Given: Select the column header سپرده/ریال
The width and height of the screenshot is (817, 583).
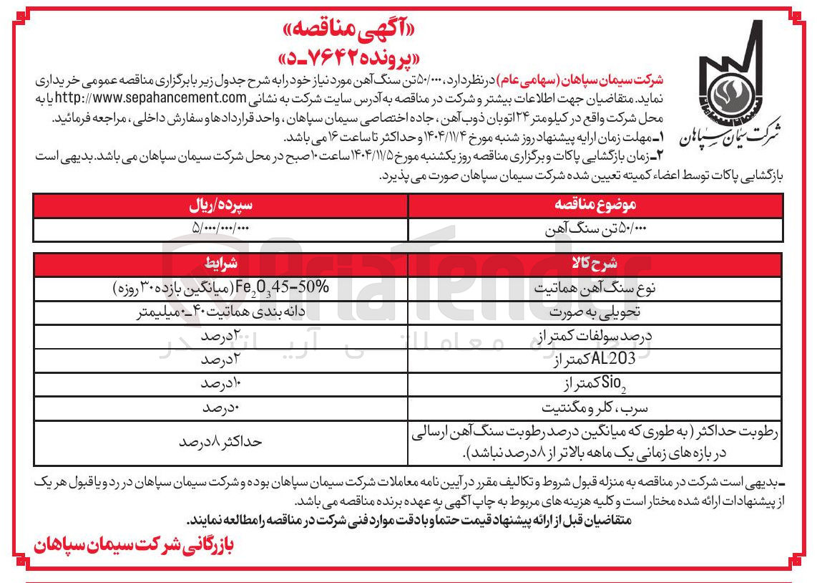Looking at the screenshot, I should point(221,205).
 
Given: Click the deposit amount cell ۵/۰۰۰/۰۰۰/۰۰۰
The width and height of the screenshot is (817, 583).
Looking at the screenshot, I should point(221,228).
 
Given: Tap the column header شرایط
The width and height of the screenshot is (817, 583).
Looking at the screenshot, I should point(221,262).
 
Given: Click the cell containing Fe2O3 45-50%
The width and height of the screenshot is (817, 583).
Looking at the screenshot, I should point(221,287).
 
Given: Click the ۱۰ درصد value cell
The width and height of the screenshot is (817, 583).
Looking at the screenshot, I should point(221,384).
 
